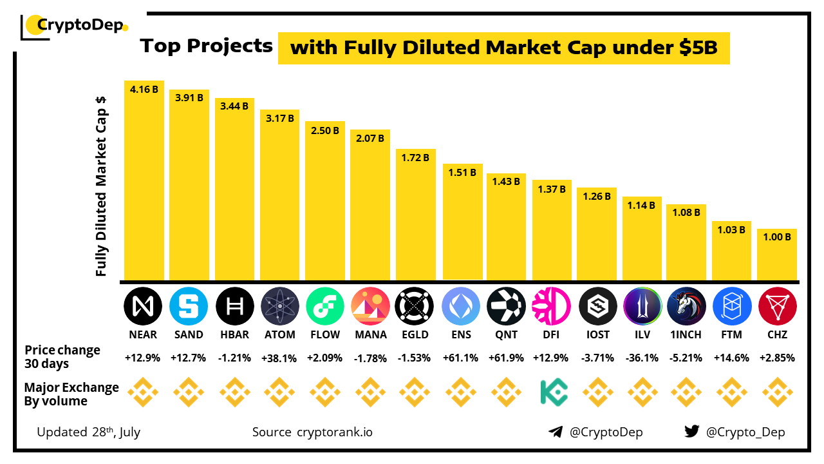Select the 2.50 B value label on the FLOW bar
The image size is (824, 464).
tap(324, 130)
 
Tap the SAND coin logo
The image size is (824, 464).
tap(189, 306)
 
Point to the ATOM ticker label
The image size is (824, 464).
tap(280, 334)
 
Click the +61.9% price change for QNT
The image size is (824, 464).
tap(506, 358)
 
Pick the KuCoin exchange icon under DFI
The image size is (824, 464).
tap(552, 392)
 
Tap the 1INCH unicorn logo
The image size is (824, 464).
tap(687, 306)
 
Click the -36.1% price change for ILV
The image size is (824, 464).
tap(642, 358)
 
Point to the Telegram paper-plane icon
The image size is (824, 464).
tap(556, 432)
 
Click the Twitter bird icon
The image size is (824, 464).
tap(692, 432)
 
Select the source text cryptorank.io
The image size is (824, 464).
tap(334, 432)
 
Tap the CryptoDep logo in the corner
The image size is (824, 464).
tap(74, 26)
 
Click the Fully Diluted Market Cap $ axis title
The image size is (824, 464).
tap(101, 187)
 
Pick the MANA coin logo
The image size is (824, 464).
tap(370, 306)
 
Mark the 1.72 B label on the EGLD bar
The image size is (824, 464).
tap(415, 157)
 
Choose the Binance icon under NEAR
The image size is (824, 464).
tap(144, 392)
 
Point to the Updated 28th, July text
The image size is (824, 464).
tap(88, 432)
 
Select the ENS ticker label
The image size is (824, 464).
tap(461, 334)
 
